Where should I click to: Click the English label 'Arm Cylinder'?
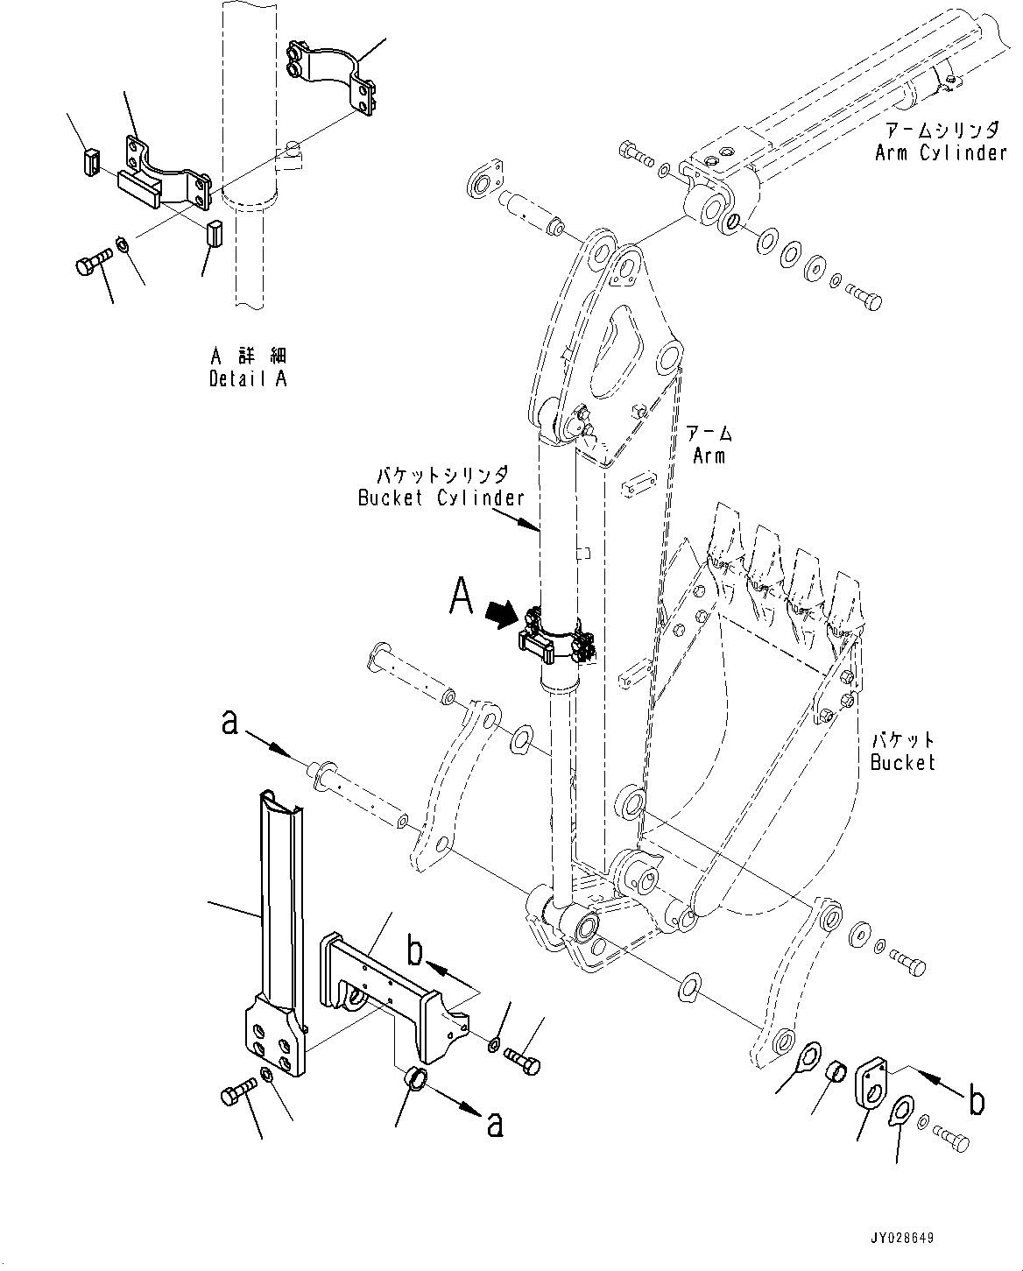pos(941,153)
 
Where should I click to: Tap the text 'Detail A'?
pos(248,378)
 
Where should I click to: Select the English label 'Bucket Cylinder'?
pos(441,498)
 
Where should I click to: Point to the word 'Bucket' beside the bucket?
pos(902,762)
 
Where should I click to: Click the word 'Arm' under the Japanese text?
pos(709,455)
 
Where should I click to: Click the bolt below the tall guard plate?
pos(236,1094)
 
